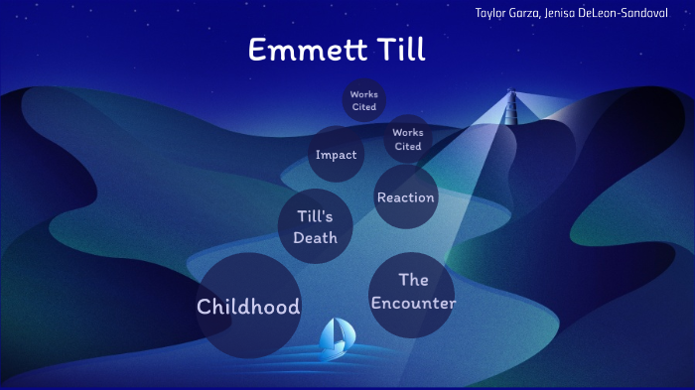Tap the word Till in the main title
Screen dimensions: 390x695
(x=396, y=50)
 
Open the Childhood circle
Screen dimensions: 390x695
(x=248, y=306)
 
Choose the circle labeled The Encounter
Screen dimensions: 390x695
(x=413, y=294)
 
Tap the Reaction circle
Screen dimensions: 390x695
(x=405, y=197)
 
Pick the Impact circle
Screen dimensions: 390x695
(x=336, y=155)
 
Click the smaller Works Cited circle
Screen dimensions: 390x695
(x=363, y=100)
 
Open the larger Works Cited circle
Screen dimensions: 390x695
(x=407, y=138)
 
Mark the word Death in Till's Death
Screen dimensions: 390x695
(x=316, y=237)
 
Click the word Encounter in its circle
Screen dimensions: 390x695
(x=413, y=303)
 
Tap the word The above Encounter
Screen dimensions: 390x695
(x=413, y=280)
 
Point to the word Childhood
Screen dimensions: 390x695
(x=248, y=307)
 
